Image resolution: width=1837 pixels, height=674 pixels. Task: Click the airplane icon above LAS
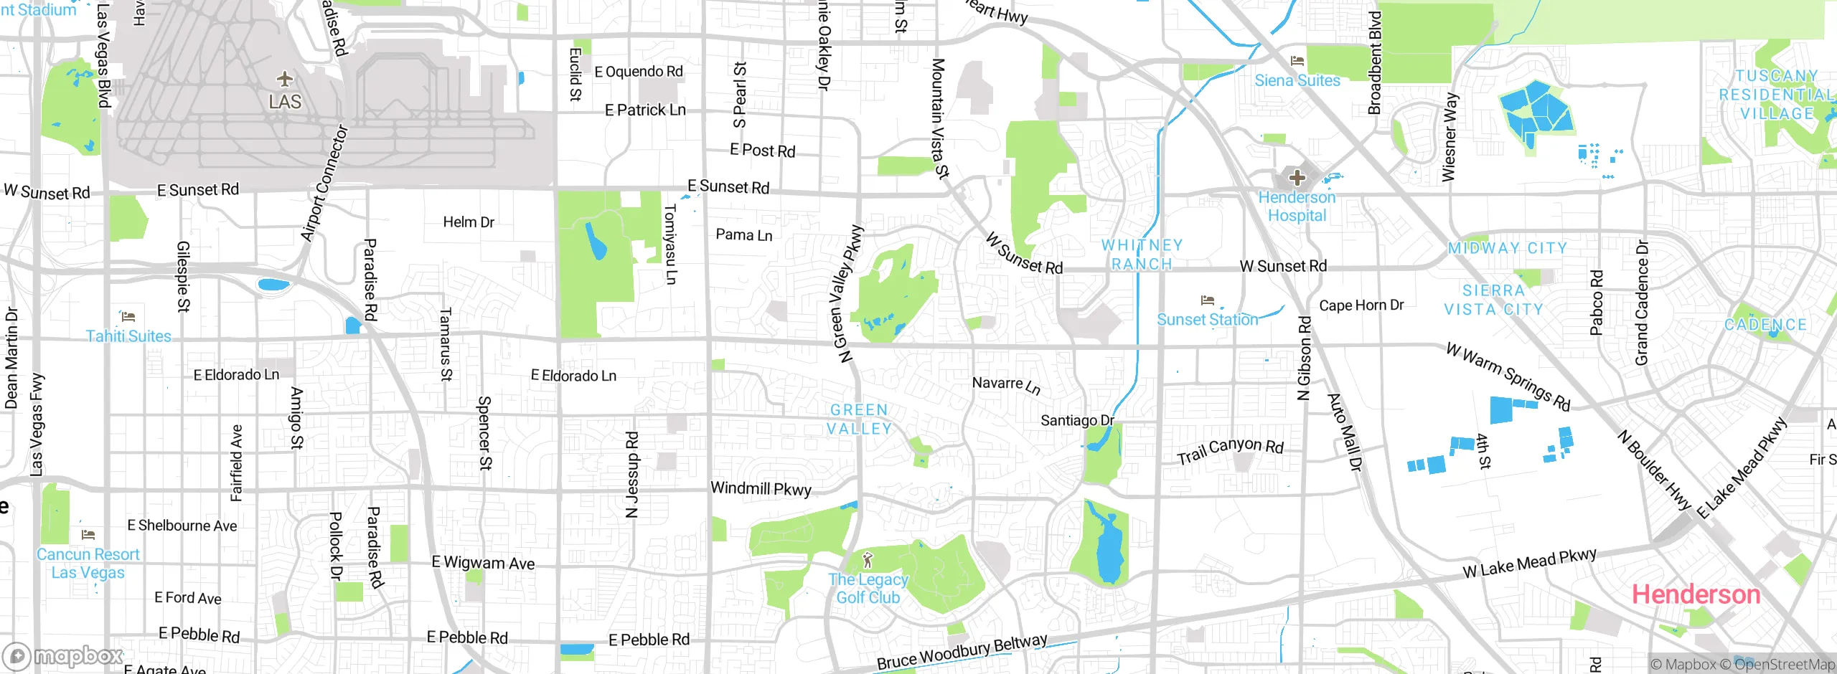coord(285,78)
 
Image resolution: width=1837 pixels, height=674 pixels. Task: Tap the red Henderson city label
coord(1696,594)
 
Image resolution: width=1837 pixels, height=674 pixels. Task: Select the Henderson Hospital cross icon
coord(1297,177)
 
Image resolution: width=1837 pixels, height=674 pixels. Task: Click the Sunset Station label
coord(1208,319)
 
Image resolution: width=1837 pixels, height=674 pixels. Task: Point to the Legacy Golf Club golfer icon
coord(868,559)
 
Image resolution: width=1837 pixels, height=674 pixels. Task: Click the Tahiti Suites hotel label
coord(128,336)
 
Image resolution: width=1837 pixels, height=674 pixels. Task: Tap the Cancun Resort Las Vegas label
coord(88,564)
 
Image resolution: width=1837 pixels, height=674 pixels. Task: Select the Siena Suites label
coord(1297,80)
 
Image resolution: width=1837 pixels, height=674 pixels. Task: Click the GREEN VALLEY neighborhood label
coord(859,419)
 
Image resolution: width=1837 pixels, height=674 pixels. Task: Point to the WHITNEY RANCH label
coord(1142,255)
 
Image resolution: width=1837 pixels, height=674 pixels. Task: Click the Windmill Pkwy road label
coord(761,489)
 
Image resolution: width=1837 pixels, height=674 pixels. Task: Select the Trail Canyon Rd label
coord(1230,451)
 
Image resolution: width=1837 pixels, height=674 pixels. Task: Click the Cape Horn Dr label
coord(1361,305)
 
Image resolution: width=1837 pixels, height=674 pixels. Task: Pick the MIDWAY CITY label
coord(1507,248)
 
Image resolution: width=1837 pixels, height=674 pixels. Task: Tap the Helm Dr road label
coord(468,222)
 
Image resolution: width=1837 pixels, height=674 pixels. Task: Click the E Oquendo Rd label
coord(639,72)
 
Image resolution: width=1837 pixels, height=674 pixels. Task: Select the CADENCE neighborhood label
coord(1765,325)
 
